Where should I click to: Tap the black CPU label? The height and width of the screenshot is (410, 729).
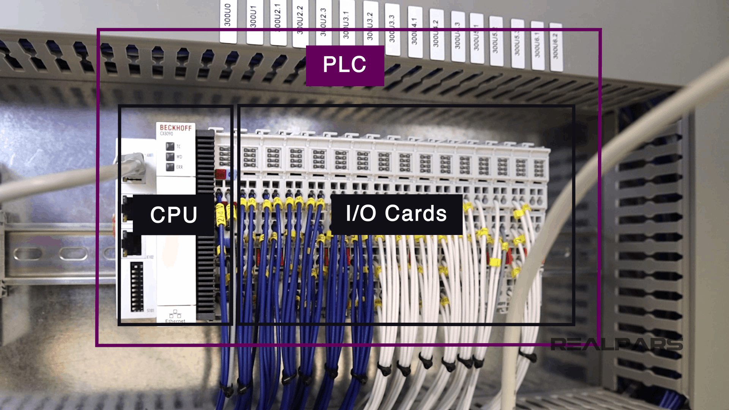click(174, 214)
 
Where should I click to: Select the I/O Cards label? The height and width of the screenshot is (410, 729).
click(396, 214)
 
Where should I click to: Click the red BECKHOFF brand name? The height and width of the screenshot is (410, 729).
click(175, 128)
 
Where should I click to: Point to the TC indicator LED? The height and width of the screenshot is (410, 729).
click(170, 147)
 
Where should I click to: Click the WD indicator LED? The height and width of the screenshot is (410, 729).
click(170, 157)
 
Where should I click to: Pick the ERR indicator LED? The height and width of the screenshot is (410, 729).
click(170, 167)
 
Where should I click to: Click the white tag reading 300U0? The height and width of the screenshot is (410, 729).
click(228, 21)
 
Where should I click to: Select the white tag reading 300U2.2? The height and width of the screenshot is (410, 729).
click(300, 25)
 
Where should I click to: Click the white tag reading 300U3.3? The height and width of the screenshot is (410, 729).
click(392, 30)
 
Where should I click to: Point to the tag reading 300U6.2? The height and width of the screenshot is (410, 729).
click(555, 47)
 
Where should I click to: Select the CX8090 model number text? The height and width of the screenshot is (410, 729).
click(166, 134)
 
